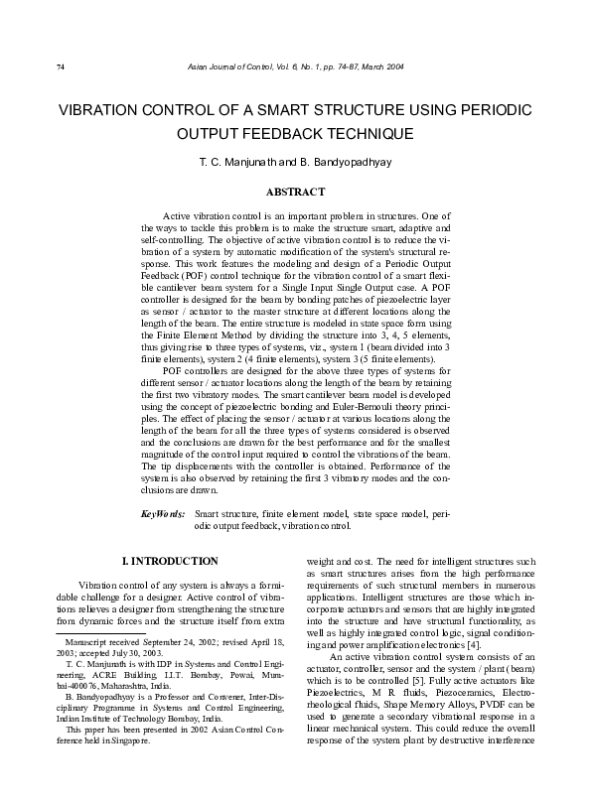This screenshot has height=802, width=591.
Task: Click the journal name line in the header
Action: [x=295, y=67]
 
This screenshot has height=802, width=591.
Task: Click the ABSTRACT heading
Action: [x=295, y=191]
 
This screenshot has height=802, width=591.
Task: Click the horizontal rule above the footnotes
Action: [x=99, y=631]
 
